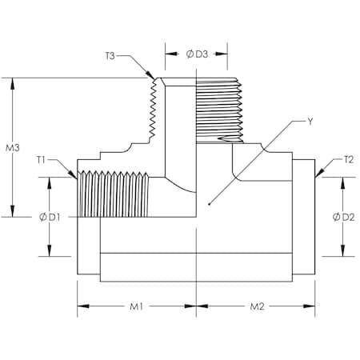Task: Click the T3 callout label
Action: click(x=110, y=56)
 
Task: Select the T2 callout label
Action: click(x=348, y=159)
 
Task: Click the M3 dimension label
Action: click(x=12, y=148)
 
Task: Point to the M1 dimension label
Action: click(x=137, y=306)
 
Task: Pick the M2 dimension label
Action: click(x=257, y=306)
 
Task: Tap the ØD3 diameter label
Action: click(x=197, y=54)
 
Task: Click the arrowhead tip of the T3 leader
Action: click(x=154, y=78)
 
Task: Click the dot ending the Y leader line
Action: click(x=206, y=202)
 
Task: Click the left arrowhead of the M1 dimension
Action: click(x=78, y=306)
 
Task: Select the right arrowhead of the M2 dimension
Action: click(x=315, y=306)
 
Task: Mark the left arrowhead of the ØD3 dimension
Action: click(x=166, y=54)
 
